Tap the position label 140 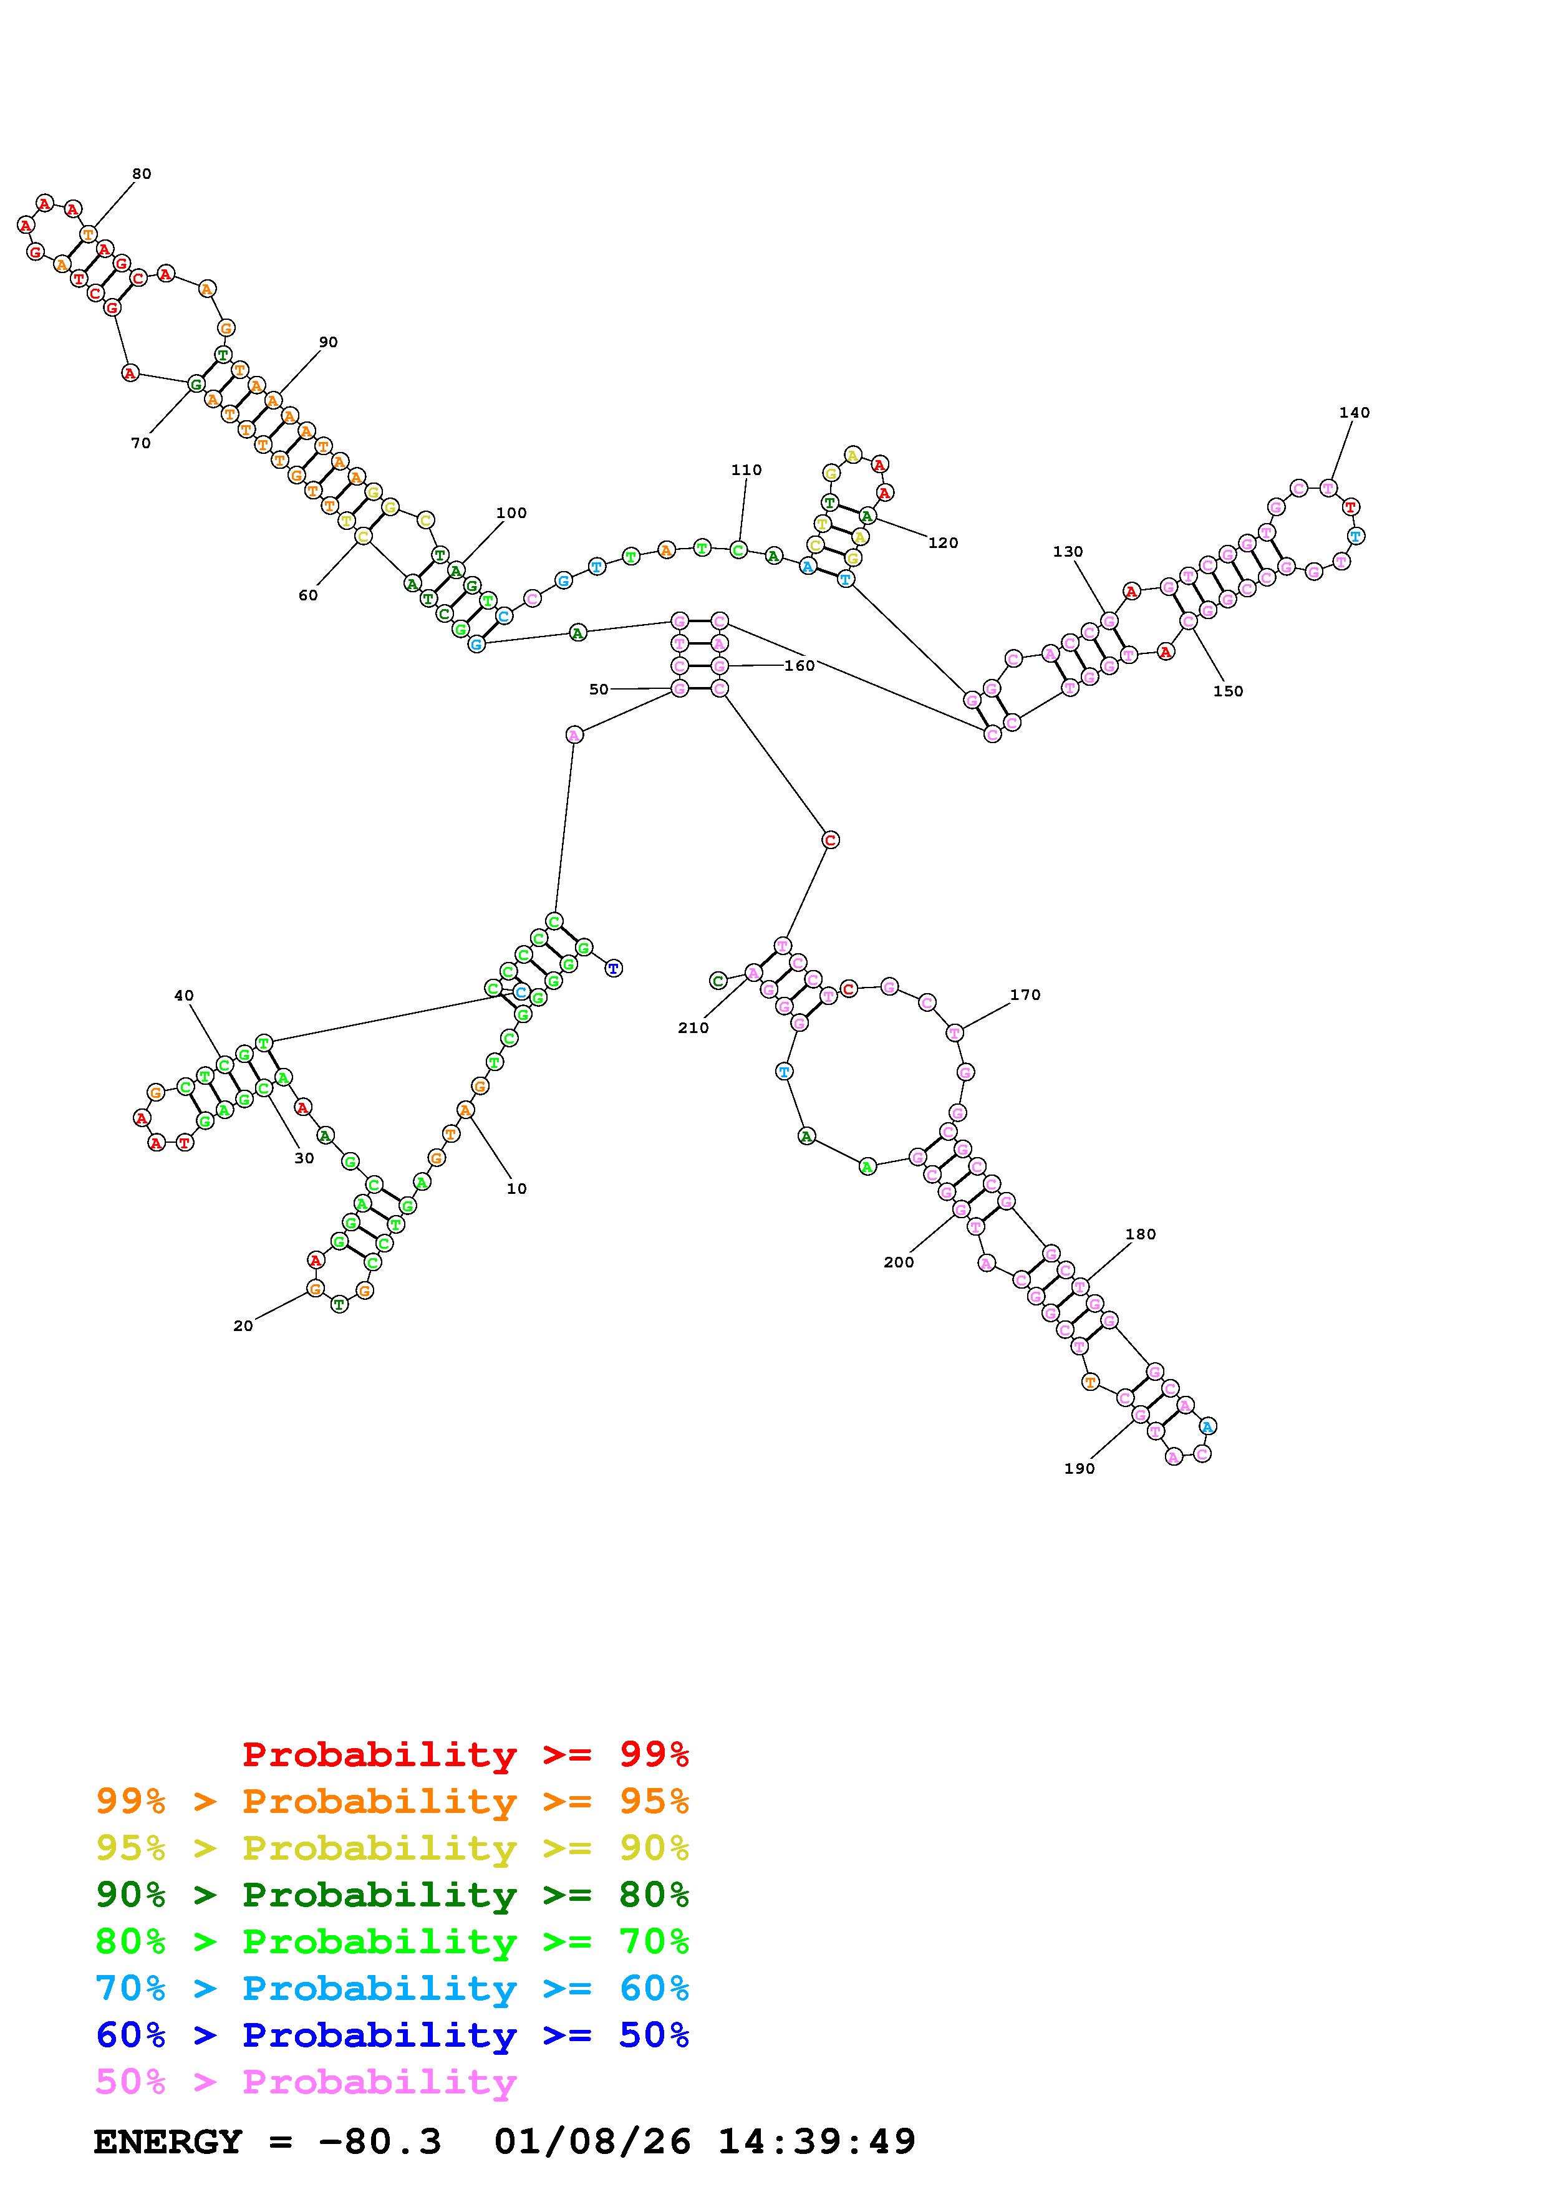[1353, 413]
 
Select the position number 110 [746, 469]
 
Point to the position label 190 [1080, 1469]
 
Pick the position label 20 [243, 1326]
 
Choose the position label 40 [184, 996]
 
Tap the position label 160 [800, 666]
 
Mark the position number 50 [598, 690]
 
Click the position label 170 [1025, 994]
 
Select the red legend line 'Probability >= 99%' [466, 1754]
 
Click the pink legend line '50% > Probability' [306, 2082]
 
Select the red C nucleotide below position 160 [831, 840]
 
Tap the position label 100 [511, 512]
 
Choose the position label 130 [1068, 552]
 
